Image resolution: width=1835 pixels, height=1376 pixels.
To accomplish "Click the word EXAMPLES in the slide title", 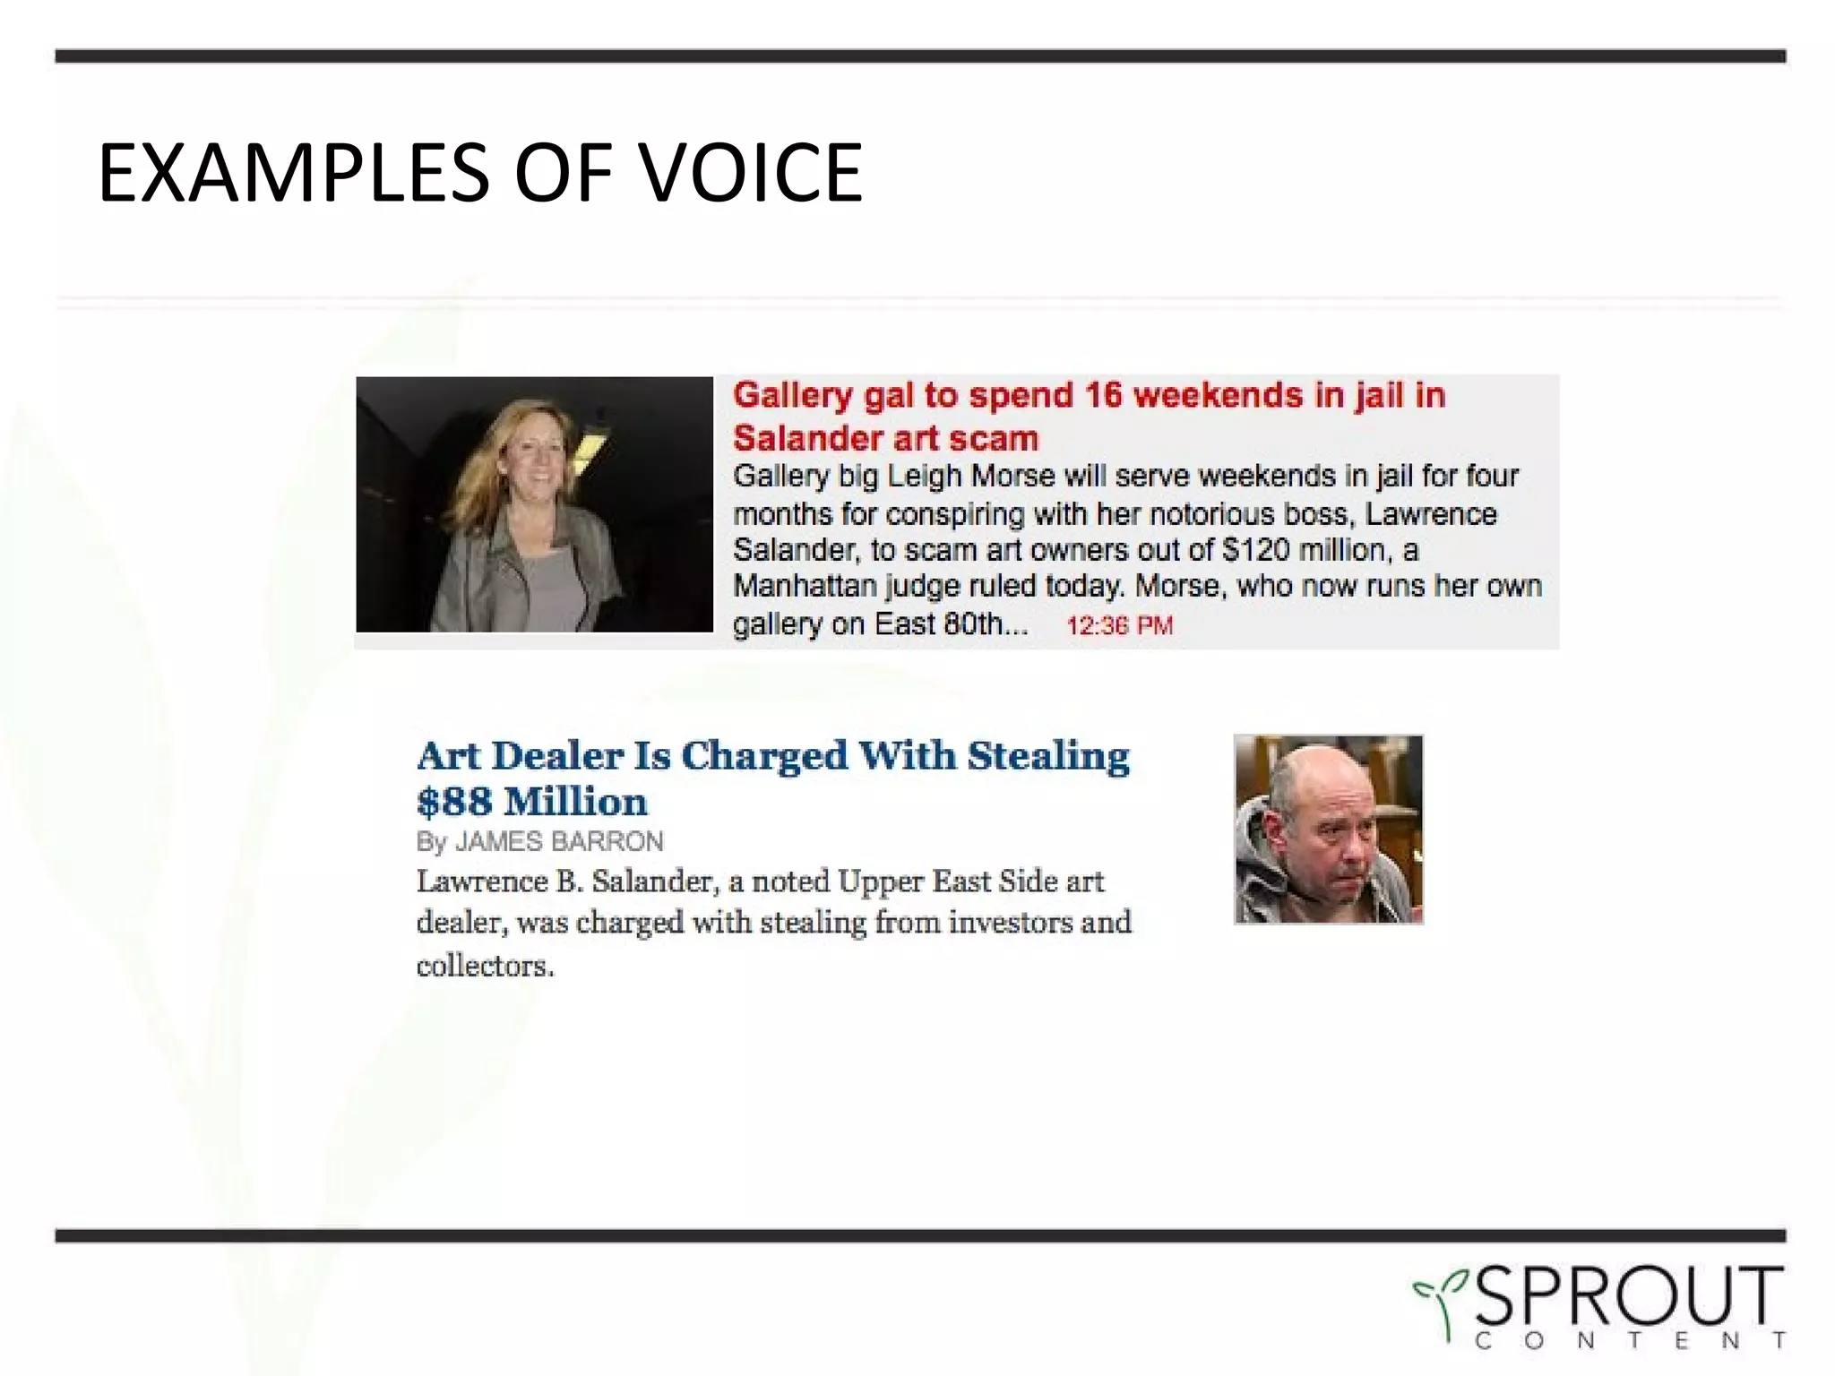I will point(293,173).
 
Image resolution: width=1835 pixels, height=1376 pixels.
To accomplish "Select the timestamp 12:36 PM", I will point(1119,625).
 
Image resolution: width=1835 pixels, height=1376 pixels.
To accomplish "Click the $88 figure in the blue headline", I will point(454,802).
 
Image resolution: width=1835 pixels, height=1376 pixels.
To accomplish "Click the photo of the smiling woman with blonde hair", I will point(534,504).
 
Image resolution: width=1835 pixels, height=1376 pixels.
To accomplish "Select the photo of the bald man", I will point(1328,829).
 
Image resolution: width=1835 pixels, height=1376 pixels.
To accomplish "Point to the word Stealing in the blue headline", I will point(1047,755).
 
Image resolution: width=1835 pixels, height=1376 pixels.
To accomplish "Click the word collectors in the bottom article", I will point(485,966).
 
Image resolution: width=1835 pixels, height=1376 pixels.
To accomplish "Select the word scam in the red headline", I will point(1001,438).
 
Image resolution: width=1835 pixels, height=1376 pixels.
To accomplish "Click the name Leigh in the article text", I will point(924,476).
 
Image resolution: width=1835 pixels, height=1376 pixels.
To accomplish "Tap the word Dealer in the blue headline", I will point(556,755).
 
